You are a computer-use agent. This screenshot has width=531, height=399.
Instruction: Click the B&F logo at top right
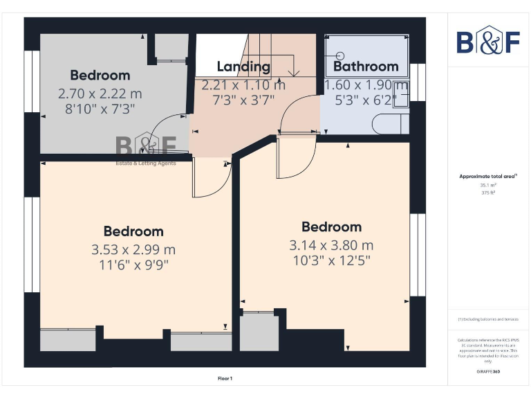487,41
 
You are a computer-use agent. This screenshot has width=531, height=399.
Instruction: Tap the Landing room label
243,66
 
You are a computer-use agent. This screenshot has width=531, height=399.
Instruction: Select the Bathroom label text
366,66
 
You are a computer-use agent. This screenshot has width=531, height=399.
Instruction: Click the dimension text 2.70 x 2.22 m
100,93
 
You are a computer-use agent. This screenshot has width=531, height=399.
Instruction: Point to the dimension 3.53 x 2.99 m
134,249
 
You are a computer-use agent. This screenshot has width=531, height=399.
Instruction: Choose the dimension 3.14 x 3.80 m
331,245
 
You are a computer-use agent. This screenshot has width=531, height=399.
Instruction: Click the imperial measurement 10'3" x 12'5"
331,261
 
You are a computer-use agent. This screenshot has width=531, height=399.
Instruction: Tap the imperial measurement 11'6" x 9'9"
134,265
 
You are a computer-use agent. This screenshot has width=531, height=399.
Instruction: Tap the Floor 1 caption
225,378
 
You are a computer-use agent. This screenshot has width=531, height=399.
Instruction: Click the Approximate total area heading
487,177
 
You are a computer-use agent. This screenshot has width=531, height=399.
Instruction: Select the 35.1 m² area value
487,185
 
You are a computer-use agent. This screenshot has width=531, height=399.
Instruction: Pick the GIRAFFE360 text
487,372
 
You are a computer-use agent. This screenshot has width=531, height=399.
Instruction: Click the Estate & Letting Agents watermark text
145,163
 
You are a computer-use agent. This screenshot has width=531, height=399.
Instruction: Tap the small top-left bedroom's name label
100,76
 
